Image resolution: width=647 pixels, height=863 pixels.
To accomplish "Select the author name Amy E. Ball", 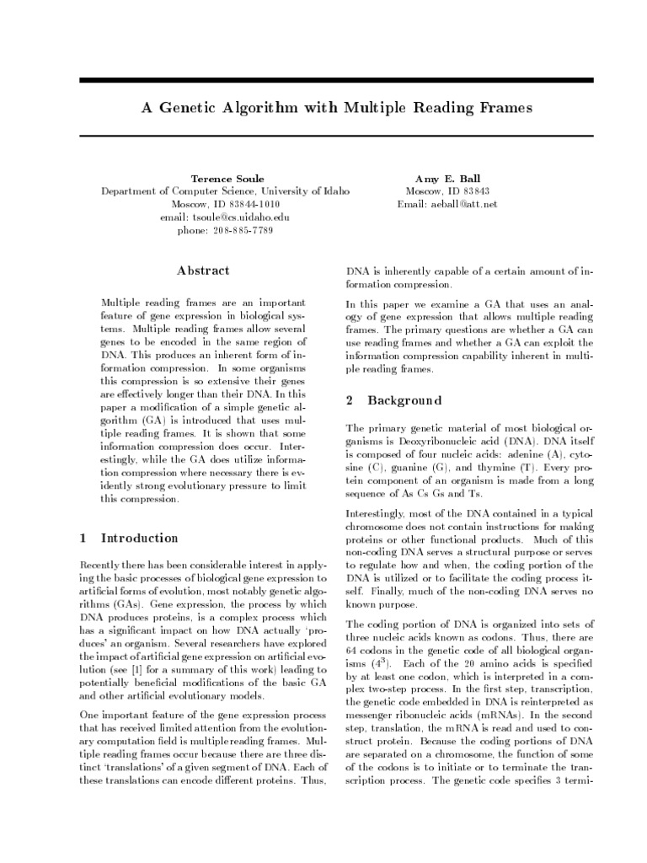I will pos(447,179).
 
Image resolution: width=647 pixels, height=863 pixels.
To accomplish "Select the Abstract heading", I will pos(203,271).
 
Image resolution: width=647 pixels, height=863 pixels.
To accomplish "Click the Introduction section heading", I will pos(140,539).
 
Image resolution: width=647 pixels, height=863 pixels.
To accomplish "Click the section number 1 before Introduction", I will pos(83,539).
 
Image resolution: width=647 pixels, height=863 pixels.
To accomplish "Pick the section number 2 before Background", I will pos(350,399).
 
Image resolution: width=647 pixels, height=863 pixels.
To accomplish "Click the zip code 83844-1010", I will pos(249,205).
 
